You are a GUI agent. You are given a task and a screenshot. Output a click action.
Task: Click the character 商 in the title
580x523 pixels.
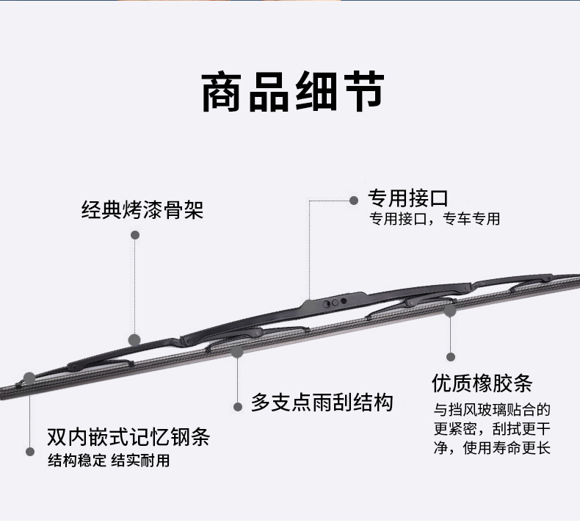coord(225,93)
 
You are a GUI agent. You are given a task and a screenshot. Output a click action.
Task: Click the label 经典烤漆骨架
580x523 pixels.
coord(142,211)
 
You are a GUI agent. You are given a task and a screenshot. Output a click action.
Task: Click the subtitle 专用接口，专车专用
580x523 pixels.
coord(433,219)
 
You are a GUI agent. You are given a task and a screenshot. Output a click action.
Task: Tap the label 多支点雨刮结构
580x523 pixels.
coord(322,402)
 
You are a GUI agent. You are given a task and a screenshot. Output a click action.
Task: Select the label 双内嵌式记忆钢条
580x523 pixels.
coord(128,439)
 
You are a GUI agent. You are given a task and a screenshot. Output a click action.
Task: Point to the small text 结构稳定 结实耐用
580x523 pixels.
coord(109,461)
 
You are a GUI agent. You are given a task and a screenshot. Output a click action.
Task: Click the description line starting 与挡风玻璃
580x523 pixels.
coord(491,409)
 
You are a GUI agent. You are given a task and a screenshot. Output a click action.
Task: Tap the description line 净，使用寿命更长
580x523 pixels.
coord(491,447)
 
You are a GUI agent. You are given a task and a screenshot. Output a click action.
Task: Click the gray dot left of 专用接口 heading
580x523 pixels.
coord(354,199)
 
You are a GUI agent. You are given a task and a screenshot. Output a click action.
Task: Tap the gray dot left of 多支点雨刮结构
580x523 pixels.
coord(237,406)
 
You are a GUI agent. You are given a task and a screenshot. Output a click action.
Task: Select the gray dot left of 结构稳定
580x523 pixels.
coord(31,451)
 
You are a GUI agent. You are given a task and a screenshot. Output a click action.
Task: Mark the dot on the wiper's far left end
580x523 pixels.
coord(29,378)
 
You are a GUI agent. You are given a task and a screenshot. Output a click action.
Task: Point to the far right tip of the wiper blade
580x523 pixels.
coord(576,278)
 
